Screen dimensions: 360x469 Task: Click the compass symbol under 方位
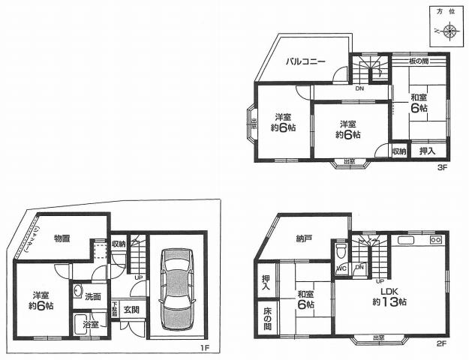tap(448, 31)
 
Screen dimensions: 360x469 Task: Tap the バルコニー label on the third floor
tap(304, 62)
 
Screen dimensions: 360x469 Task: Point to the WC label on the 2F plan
tap(341, 267)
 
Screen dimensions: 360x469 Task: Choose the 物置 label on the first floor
tap(62, 238)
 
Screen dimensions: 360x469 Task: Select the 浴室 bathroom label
tap(90, 324)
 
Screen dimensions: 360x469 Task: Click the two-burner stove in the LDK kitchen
tap(435, 241)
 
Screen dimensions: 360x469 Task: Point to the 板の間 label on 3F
tap(419, 60)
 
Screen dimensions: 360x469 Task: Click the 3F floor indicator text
tap(442, 168)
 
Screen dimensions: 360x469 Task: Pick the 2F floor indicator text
tap(442, 343)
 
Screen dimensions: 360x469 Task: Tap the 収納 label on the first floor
tap(119, 244)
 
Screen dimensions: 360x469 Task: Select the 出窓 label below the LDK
tap(380, 338)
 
